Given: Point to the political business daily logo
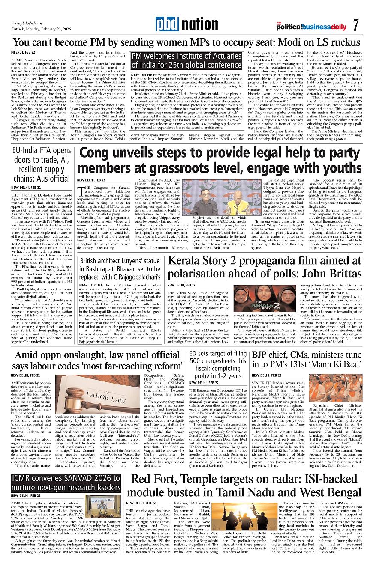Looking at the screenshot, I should click(x=311, y=27).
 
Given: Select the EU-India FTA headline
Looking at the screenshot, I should click(x=41, y=165).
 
